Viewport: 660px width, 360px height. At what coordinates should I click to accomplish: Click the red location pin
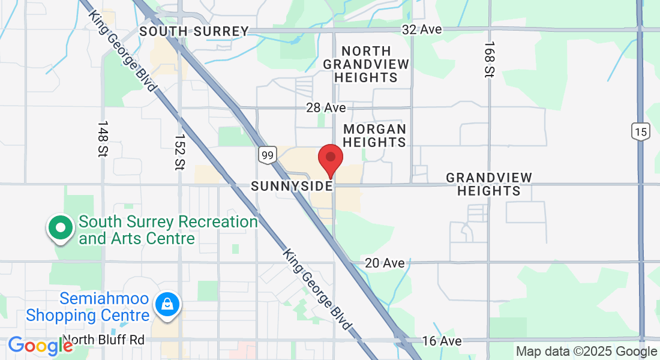click(330, 159)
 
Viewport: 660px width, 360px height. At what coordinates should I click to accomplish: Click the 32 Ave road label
click(422, 29)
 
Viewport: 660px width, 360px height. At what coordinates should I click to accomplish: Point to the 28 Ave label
click(326, 107)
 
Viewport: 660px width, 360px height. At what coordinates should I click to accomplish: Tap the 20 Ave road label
click(385, 263)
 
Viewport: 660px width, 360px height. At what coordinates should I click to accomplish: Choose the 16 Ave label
click(442, 341)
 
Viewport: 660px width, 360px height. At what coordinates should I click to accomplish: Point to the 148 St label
click(102, 139)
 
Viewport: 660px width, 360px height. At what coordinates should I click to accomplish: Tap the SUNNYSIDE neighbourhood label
click(292, 186)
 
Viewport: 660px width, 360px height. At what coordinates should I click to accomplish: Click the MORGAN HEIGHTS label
click(374, 136)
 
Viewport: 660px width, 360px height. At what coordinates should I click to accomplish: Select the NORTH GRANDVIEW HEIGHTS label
click(366, 64)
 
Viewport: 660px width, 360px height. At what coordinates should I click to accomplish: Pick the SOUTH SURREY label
click(193, 31)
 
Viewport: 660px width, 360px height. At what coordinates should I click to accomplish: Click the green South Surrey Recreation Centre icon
click(61, 228)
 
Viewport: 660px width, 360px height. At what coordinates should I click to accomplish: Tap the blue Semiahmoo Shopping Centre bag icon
click(167, 304)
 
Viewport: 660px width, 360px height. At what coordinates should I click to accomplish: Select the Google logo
click(40, 346)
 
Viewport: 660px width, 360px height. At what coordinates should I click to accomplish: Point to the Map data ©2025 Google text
click(586, 352)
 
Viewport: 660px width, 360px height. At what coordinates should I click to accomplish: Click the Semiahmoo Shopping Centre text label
click(88, 307)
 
